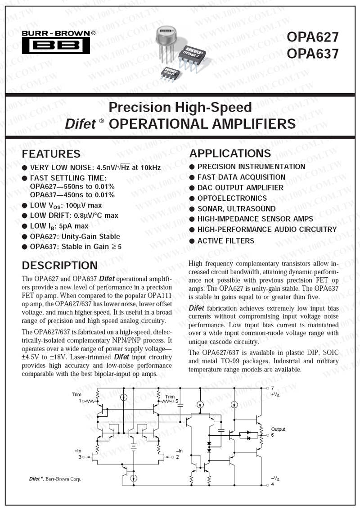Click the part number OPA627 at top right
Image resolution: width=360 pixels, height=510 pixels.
[312, 36]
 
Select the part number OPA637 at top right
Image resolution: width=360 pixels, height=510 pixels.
[312, 54]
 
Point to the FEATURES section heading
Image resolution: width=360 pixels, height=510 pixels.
[51, 154]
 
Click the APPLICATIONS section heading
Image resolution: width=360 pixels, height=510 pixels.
[230, 153]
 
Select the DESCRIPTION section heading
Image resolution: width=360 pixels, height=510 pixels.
[60, 266]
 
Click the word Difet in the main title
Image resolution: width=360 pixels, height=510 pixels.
[81, 124]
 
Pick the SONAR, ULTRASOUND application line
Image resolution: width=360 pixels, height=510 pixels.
[236, 209]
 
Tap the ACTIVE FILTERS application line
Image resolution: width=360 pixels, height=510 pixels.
[225, 241]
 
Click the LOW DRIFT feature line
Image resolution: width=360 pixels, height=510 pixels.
[74, 216]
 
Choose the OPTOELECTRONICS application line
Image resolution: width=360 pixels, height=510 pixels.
[232, 198]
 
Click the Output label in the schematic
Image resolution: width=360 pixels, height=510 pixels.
[278, 429]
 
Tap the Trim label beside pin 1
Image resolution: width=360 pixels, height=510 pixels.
[76, 394]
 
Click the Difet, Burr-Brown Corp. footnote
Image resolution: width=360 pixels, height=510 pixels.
[52, 479]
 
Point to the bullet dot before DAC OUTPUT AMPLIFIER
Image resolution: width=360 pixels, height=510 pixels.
[192, 188]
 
